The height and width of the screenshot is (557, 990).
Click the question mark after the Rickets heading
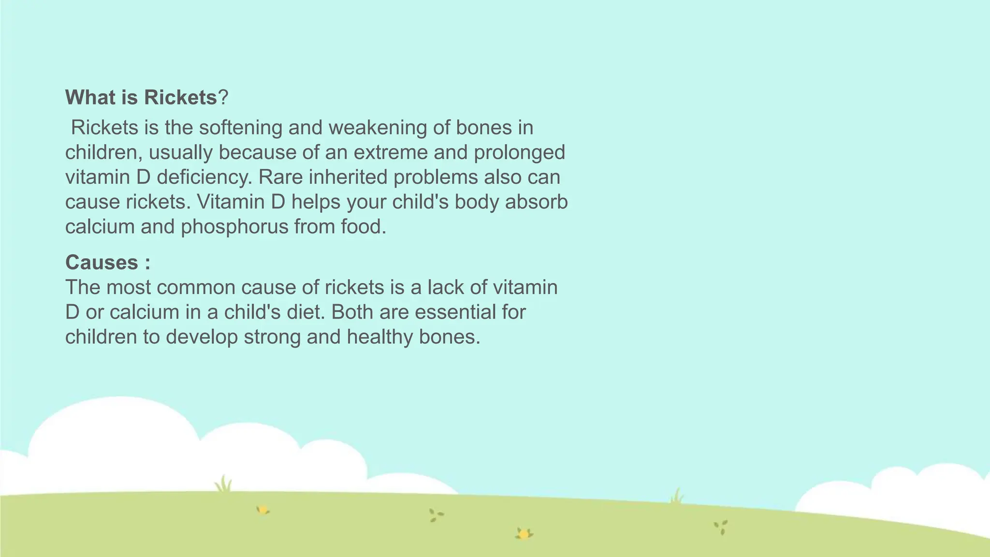point(223,98)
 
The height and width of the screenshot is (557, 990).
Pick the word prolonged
point(519,153)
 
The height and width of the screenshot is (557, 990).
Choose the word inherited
point(348,177)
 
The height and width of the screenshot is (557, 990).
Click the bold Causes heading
point(102,263)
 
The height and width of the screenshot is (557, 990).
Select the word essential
point(459,312)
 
